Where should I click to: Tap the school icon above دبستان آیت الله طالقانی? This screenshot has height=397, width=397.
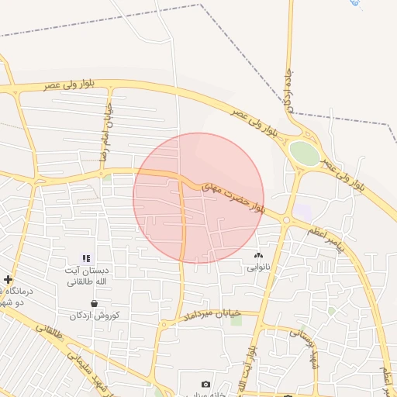coord(86,258)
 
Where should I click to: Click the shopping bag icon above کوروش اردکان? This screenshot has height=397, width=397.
coord(94,303)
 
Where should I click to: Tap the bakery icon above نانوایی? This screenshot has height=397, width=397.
coord(258,256)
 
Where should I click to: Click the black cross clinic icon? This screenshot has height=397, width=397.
coord(8,279)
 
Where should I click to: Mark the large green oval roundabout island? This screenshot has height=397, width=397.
coord(305,153)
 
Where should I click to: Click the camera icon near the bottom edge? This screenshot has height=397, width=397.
coord(205,385)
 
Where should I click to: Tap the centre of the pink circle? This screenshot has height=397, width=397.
coord(198,198)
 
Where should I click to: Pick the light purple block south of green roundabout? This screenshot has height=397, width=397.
coord(302,210)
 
